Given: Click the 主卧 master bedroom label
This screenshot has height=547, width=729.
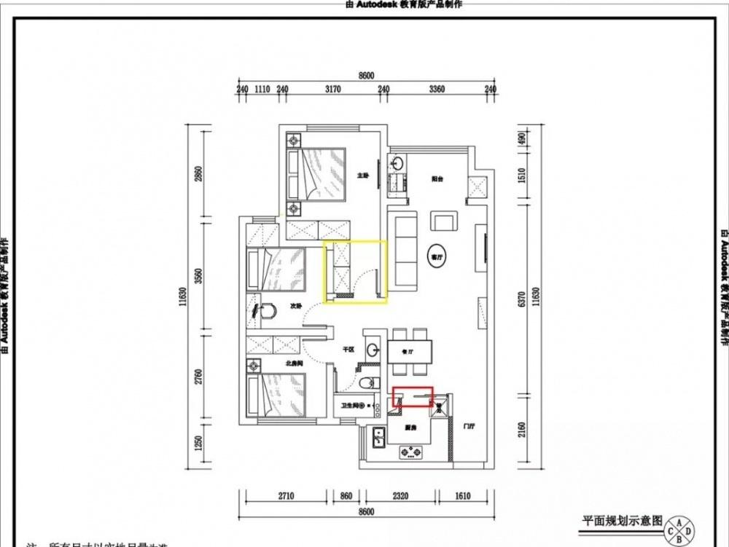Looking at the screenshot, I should [362, 176].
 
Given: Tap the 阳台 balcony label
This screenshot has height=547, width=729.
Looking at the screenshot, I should [437, 178].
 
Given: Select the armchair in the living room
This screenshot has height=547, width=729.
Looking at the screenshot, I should [444, 221].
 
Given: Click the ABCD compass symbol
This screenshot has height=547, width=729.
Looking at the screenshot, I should [679, 530].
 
